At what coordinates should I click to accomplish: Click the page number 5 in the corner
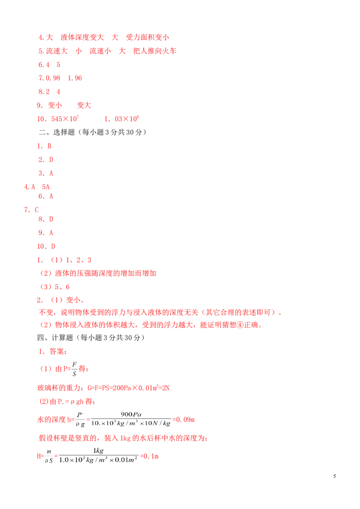334,476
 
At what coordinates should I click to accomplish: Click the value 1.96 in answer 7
75,78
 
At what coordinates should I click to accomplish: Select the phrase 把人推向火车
155,51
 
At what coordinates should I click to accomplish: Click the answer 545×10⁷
65,119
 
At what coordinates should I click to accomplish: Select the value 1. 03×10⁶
121,119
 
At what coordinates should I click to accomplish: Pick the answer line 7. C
31,210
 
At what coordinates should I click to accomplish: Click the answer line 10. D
46,246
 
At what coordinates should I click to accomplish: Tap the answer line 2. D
46,160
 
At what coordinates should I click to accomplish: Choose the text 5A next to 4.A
46,187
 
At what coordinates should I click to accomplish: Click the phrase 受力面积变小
148,37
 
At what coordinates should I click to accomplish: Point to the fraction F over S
74,369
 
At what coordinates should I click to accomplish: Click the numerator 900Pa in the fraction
131,414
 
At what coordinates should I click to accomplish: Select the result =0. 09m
184,420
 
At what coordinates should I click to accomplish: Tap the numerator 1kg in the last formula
99,451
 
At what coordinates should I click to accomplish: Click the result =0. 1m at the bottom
149,456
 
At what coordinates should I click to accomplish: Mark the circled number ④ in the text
240,325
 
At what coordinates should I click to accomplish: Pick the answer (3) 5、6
54,287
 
